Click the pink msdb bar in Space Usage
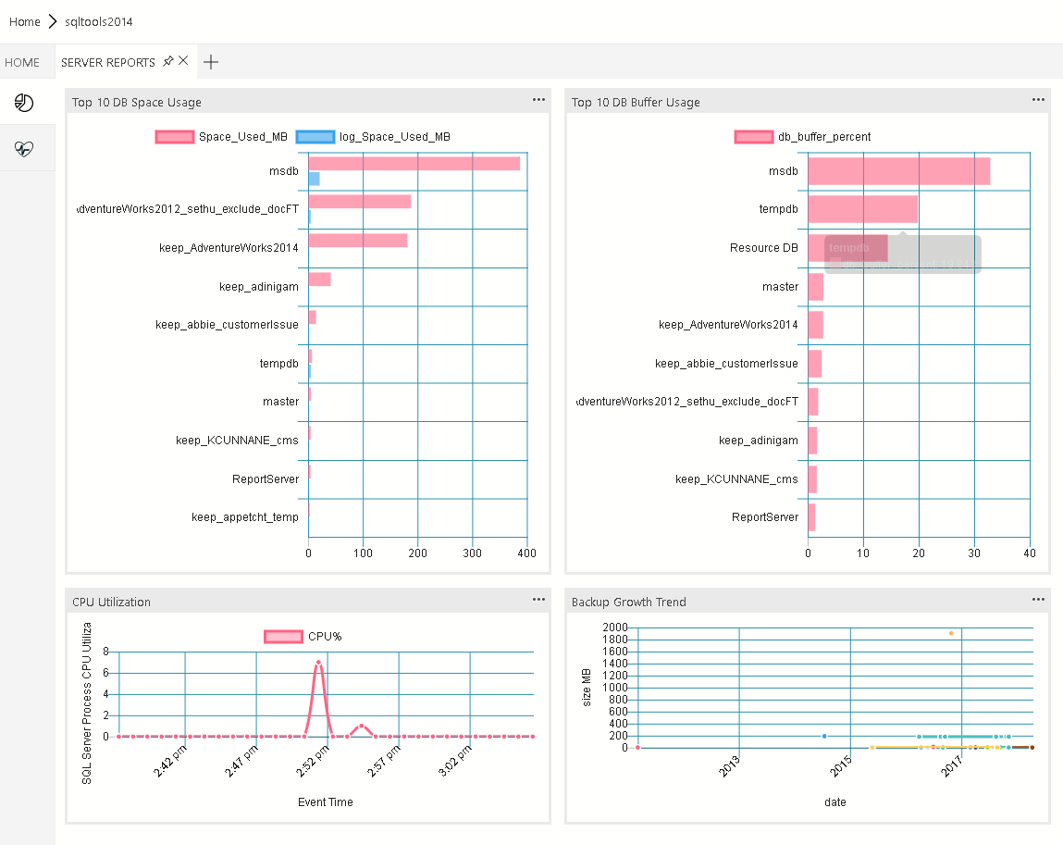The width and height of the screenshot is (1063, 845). (x=414, y=164)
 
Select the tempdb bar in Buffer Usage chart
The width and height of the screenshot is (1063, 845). (x=862, y=209)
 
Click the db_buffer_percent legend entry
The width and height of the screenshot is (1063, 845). (x=802, y=137)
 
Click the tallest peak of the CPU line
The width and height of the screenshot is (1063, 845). (x=318, y=663)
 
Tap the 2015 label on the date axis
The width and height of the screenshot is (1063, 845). (x=840, y=765)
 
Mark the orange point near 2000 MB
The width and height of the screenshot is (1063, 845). (x=950, y=633)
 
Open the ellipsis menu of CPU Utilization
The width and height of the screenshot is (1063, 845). (x=538, y=600)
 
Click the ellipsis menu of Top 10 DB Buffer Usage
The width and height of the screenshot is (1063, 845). (x=1038, y=100)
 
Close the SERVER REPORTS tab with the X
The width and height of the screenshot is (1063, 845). (x=183, y=61)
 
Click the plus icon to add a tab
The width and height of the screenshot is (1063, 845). (x=211, y=62)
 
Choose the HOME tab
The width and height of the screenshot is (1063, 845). (x=22, y=63)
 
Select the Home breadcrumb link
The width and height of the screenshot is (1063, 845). (x=25, y=21)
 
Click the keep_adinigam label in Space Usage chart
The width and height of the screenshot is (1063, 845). (x=259, y=287)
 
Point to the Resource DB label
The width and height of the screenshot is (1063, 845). (x=763, y=248)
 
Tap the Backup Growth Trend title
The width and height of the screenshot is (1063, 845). (x=629, y=603)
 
